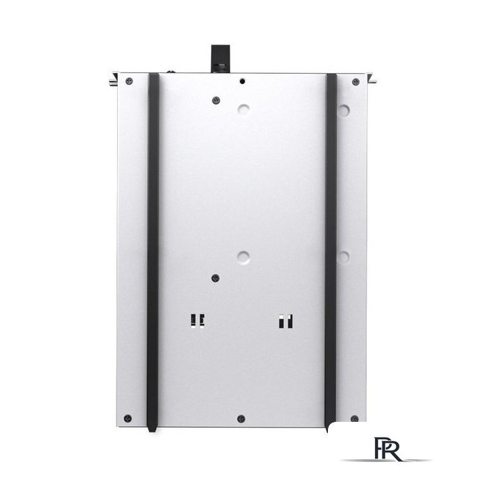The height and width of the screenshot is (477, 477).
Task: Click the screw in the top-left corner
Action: pos(129,81)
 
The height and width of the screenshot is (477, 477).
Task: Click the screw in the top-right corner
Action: pos(356,81)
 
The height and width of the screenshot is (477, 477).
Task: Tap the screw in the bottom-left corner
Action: pos(127,418)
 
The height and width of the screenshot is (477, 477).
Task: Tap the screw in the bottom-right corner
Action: pos(355,419)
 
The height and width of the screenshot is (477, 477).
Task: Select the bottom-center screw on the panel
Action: pos(241,419)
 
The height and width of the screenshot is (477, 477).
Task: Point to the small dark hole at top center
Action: pos(242,81)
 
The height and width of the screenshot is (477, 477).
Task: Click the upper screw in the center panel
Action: pos(216,100)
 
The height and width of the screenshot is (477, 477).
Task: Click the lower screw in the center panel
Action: pos(215,278)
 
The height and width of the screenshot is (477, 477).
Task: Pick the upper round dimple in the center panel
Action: pos(244,110)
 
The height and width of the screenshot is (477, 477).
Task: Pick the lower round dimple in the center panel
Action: pos(244,257)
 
